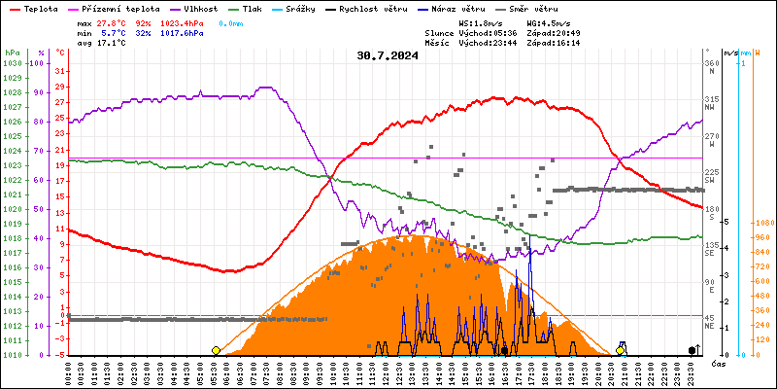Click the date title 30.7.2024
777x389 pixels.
pos(390,55)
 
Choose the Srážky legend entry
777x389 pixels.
pos(325,8)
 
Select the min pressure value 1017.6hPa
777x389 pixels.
pos(182,33)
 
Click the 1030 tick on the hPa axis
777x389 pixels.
pos(13,63)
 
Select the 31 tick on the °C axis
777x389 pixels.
pos(60,71)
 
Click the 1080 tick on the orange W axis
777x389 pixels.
pos(764,223)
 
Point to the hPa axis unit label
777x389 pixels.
pos(12,53)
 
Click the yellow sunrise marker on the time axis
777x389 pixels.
pos(216,350)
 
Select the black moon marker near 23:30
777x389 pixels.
pos(693,350)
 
